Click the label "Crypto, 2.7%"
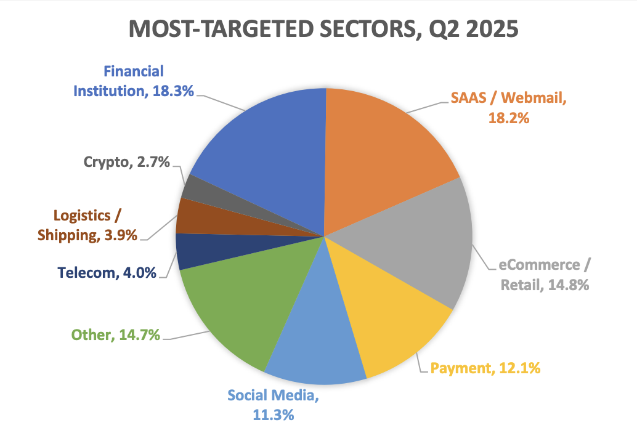point(126,163)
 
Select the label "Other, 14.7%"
point(116,335)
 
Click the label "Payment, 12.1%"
point(485,369)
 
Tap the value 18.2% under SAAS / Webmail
point(509,118)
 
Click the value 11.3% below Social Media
point(273,415)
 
